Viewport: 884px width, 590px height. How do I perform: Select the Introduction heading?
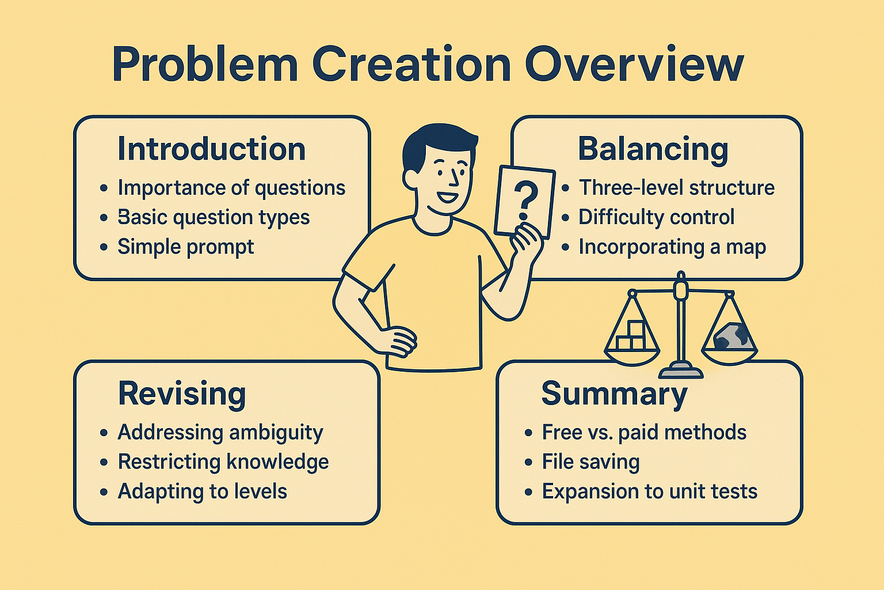212,149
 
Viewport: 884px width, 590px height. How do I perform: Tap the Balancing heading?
653,150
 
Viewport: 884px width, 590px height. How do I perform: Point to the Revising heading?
182,394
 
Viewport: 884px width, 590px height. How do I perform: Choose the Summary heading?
615,394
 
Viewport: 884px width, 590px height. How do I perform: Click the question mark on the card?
524,201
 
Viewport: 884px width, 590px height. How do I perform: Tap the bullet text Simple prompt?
185,247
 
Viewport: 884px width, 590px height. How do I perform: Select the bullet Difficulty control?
656,217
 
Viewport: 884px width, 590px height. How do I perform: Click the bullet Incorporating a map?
672,247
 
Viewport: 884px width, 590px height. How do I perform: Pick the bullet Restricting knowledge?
223,462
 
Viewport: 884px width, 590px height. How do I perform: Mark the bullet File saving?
590,462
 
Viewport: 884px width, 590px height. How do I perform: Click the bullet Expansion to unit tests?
650,491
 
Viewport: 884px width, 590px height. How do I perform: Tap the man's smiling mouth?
448,196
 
